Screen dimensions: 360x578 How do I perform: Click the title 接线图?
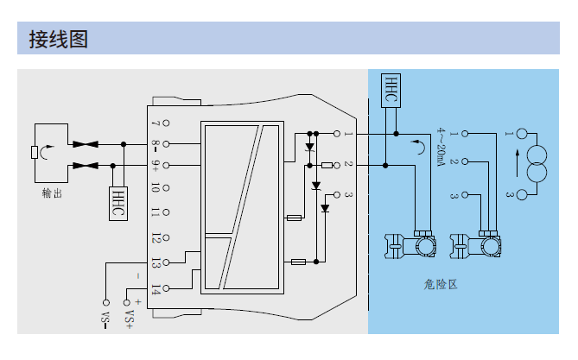pos(59,39)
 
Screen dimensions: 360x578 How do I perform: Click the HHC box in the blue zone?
pos(391,90)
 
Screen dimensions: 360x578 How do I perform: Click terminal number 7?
pos(156,124)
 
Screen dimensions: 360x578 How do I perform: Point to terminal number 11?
pos(156,211)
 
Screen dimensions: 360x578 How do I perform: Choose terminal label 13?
pos(156,262)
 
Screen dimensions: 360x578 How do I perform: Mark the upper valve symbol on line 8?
pos(85,144)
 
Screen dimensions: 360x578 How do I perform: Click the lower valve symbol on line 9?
pos(85,165)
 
